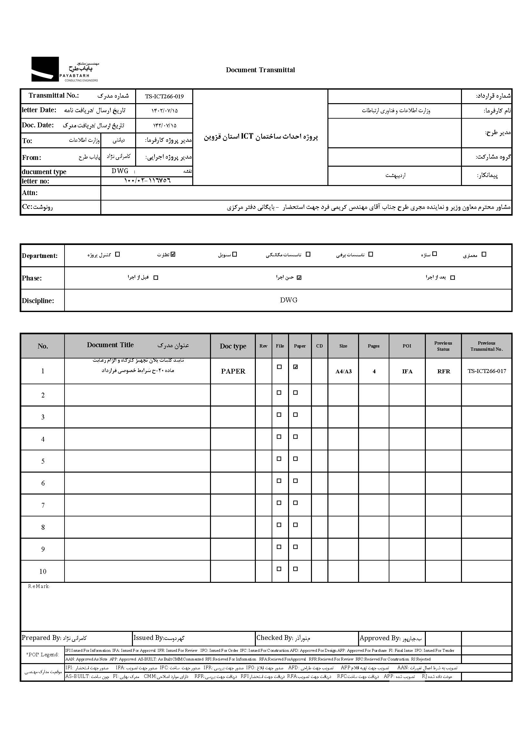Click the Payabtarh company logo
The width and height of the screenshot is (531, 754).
click(x=65, y=69)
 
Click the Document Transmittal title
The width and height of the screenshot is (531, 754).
click(x=260, y=70)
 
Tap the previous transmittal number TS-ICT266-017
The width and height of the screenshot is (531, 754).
click(x=486, y=371)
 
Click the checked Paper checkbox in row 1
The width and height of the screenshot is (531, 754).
click(x=296, y=367)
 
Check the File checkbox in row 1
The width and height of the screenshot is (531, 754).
click(x=279, y=367)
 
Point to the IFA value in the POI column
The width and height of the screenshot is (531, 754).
click(x=407, y=371)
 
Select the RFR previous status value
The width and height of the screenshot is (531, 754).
click(x=443, y=371)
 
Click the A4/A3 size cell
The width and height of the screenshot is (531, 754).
click(x=343, y=371)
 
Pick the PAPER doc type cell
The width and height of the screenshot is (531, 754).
click(x=233, y=371)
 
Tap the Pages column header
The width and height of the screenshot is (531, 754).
click(x=374, y=346)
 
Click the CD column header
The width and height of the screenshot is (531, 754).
click(x=319, y=346)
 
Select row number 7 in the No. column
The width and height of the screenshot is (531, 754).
click(x=43, y=505)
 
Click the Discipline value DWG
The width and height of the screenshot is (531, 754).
click(x=288, y=300)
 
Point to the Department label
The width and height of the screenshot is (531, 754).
click(x=40, y=256)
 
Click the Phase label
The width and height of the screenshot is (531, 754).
click(x=32, y=278)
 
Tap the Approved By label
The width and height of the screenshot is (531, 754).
click(x=380, y=638)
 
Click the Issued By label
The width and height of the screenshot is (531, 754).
click(x=148, y=638)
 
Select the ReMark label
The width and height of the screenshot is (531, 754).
click(x=39, y=586)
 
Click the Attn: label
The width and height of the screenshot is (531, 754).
click(x=30, y=193)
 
